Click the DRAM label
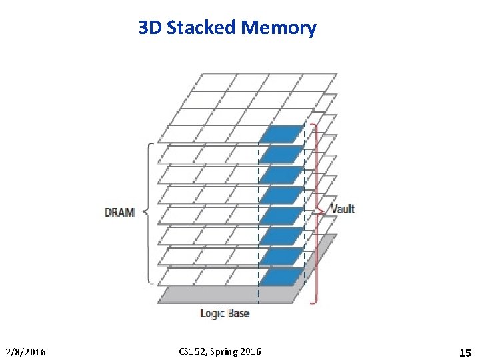(x=120, y=213)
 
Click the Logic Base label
(x=225, y=313)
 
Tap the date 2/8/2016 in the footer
(x=26, y=351)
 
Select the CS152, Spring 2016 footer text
(x=221, y=351)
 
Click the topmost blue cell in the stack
(x=281, y=134)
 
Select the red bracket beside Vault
(x=317, y=212)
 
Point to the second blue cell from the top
(x=281, y=155)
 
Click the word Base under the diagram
(x=237, y=313)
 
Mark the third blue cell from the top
(x=281, y=175)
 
